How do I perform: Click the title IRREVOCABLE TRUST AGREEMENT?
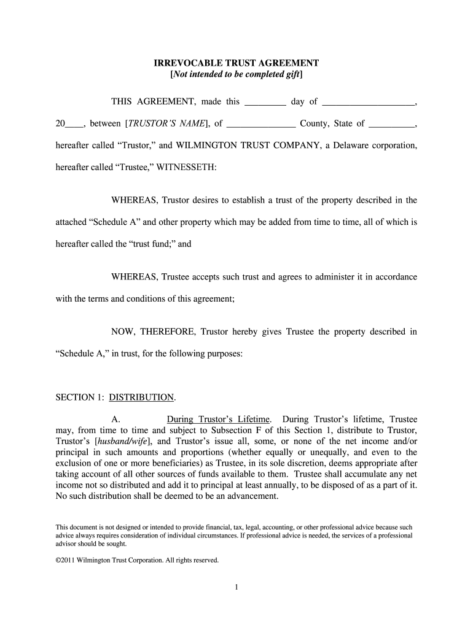(x=236, y=63)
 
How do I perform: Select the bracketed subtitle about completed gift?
(x=236, y=74)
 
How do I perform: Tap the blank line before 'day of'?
(x=265, y=103)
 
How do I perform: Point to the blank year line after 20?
(x=74, y=125)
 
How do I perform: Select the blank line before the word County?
(x=261, y=125)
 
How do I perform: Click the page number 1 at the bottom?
(x=236, y=587)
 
